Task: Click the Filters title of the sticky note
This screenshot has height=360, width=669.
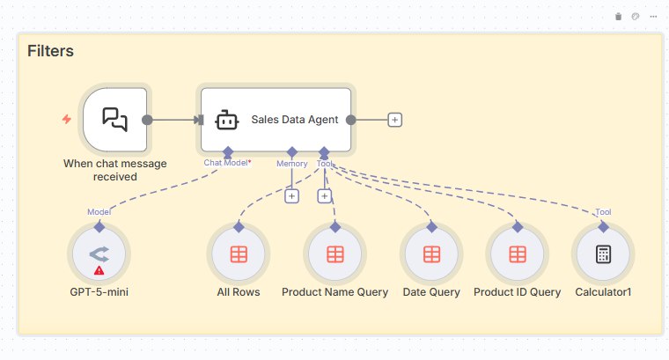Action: tap(50, 51)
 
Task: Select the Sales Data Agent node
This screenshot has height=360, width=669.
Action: tap(276, 120)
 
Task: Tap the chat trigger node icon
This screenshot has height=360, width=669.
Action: tap(114, 120)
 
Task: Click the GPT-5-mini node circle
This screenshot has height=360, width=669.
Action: tap(99, 254)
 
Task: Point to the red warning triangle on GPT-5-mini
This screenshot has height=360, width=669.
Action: tap(99, 270)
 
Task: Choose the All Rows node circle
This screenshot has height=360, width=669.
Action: tap(238, 254)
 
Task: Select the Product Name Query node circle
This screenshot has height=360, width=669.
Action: tap(334, 254)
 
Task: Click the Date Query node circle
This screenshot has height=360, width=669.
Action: tap(431, 254)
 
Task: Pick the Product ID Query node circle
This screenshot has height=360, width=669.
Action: tap(517, 254)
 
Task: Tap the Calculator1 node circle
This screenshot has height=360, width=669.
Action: tap(603, 254)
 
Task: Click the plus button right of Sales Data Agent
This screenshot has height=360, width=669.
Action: tap(394, 120)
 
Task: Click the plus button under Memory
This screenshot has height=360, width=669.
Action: tap(292, 195)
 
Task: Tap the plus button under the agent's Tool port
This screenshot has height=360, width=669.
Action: tap(324, 195)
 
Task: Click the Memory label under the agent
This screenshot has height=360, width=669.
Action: tap(292, 163)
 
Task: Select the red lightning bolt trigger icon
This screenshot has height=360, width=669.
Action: tap(66, 119)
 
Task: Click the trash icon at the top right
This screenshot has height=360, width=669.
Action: tap(618, 17)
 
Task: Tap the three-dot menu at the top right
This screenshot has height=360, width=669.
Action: tap(653, 17)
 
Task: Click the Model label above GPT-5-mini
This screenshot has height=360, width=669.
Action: tap(99, 212)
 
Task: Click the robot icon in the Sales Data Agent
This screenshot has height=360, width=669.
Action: tap(227, 120)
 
